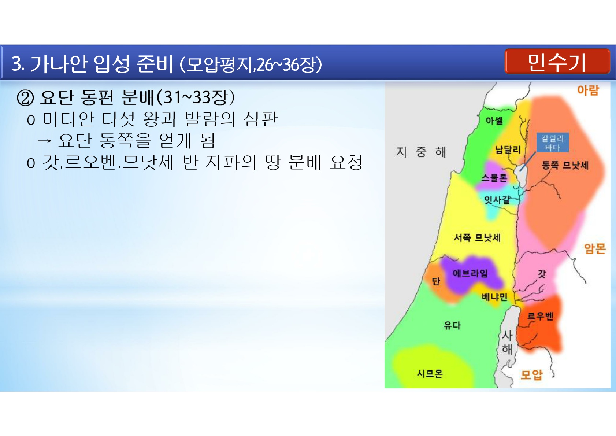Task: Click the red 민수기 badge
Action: [x=557, y=61]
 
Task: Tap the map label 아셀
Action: [x=494, y=121]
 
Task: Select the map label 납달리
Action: [x=508, y=149]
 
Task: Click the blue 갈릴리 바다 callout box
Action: [x=553, y=143]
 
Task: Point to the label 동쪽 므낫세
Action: [x=565, y=165]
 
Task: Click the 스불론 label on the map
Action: [x=494, y=178]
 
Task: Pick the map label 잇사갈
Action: [x=497, y=200]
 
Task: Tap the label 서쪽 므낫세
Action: [x=477, y=237]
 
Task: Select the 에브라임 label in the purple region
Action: [x=470, y=273]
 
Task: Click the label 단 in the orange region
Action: [x=436, y=281]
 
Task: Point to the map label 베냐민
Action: [x=494, y=297]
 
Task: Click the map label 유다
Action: [x=452, y=325]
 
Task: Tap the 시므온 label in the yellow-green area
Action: [x=430, y=374]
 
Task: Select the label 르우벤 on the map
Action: [x=540, y=316]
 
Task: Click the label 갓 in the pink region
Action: [x=542, y=274]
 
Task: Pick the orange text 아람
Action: [x=588, y=90]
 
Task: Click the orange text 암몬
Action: [x=595, y=248]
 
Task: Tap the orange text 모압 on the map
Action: [x=531, y=375]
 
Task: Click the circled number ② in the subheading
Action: [x=25, y=98]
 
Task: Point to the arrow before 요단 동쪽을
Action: [x=45, y=141]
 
